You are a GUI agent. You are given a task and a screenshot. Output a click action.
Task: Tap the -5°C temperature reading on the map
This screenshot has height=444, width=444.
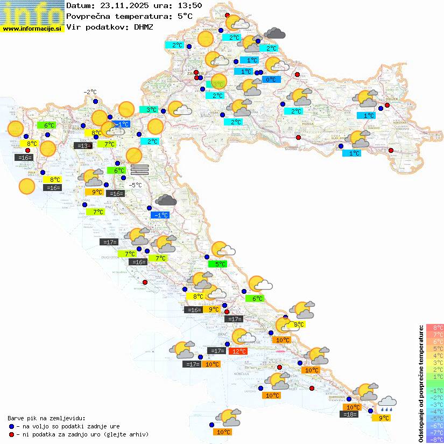point(135,185)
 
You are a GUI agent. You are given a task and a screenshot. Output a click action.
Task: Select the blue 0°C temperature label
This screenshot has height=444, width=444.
point(271,80)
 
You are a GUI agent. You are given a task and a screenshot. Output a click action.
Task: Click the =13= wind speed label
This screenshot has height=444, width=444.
point(82,145)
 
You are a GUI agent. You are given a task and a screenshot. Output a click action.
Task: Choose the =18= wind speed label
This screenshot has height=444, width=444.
point(350,414)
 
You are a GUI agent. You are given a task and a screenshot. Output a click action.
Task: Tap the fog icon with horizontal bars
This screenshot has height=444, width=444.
point(139,170)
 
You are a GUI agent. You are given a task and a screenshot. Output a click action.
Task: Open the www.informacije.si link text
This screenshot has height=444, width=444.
point(32,29)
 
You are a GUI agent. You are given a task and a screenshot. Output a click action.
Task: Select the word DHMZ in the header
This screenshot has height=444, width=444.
point(143,26)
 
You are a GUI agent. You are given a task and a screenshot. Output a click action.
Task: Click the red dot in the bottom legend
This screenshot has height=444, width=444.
point(11,434)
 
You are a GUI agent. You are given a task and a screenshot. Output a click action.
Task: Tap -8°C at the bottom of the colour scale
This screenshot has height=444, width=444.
point(435,440)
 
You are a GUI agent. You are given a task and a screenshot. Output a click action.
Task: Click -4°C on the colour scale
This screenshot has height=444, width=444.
point(435,412)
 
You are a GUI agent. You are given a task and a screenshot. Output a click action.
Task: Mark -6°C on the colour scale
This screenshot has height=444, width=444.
point(435,426)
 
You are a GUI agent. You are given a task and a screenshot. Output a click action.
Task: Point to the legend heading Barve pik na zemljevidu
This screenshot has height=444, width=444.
point(46,418)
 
